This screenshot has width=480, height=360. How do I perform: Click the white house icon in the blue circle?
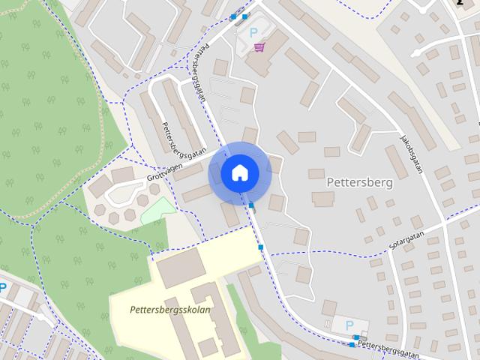click(x=239, y=172)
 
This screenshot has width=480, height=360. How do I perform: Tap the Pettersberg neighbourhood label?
click(x=361, y=181)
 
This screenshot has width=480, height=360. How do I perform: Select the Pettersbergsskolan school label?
click(x=170, y=309)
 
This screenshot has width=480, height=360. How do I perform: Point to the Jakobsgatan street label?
click(x=412, y=153)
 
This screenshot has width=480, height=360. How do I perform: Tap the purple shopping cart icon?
click(x=259, y=46)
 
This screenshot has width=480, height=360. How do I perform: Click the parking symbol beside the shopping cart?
click(x=253, y=32)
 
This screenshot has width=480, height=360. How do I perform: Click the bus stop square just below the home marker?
click(x=252, y=205)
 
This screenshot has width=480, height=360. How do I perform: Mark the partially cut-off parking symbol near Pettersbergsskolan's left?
click(x=2, y=286)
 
